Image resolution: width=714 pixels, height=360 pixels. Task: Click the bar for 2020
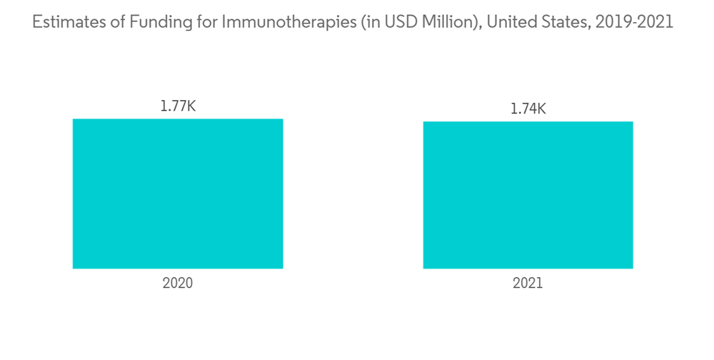[x=178, y=194]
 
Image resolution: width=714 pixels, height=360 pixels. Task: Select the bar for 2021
[x=528, y=195]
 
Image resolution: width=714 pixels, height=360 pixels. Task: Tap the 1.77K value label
[x=178, y=107]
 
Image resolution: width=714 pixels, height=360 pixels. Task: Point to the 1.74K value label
[x=528, y=109]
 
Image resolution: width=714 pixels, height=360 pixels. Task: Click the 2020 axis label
[x=178, y=284]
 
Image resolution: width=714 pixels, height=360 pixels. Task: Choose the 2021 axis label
[x=528, y=284]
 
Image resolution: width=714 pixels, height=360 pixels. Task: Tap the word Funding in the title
[x=153, y=22]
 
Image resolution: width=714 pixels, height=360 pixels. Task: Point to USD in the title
[x=380, y=22]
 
